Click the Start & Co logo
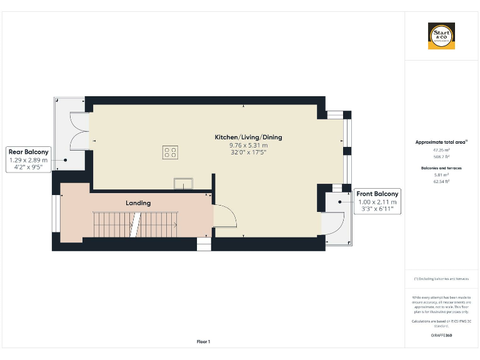441,36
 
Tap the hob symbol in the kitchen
169,152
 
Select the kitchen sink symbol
184,182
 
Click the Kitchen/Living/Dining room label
239,137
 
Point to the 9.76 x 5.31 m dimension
239,145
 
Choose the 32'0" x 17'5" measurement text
239,152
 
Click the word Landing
138,203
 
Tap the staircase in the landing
135,224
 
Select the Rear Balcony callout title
28,152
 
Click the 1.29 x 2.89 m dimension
28,160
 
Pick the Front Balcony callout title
377,194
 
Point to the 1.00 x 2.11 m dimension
377,202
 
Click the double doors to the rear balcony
80,131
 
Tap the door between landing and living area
224,216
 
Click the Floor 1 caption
204,342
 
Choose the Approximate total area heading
441,142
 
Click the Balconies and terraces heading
441,168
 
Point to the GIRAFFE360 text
441,336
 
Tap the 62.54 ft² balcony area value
441,181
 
